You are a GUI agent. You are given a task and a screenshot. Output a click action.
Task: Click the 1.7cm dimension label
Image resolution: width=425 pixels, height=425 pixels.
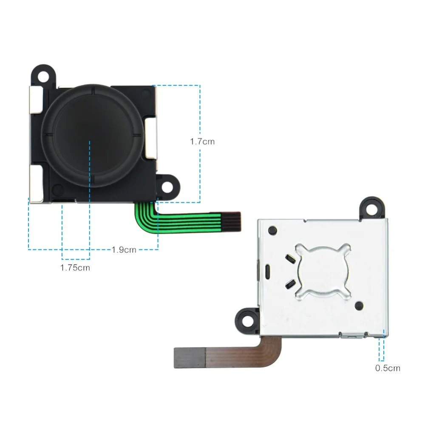202,142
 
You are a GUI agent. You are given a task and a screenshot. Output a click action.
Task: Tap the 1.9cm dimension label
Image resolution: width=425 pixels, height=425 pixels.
124,249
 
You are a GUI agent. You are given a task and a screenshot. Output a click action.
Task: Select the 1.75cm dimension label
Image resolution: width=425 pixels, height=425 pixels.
75,268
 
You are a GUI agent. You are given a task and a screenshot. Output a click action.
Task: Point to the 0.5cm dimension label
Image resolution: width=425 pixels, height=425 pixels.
388,368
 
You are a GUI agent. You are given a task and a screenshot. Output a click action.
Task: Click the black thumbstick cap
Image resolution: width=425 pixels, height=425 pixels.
92,136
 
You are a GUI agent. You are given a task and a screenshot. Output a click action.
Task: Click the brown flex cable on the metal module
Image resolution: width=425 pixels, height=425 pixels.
244,352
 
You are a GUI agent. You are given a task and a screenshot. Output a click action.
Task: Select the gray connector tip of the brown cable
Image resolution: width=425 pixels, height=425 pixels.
190,358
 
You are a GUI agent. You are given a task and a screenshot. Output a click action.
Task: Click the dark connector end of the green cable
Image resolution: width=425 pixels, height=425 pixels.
231,222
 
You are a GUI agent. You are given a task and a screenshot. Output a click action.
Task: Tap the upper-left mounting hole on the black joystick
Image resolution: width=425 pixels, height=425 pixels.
43,76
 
